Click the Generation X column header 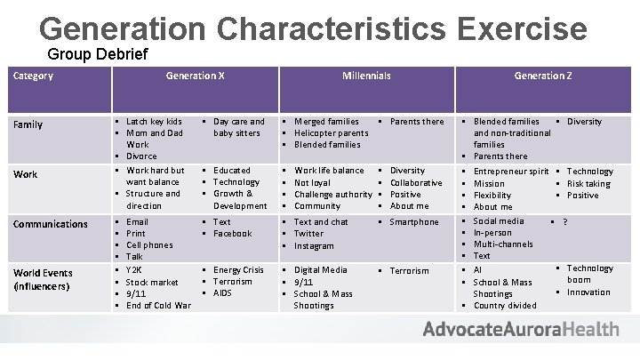coord(195,76)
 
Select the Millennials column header coord(366,76)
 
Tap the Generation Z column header coord(542,76)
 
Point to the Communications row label coord(49,224)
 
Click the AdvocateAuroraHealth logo coord(521,330)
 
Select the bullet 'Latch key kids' coord(154,121)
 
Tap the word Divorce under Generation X coord(141,156)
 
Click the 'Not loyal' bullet coord(313,182)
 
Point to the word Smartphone coord(414,222)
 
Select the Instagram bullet coord(314,245)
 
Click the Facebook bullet coord(233,233)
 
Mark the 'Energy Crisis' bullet coord(238,270)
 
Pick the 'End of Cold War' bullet coord(158,305)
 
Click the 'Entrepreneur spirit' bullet coord(511,171)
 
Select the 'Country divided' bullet coord(505,305)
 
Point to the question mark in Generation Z coord(565,222)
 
